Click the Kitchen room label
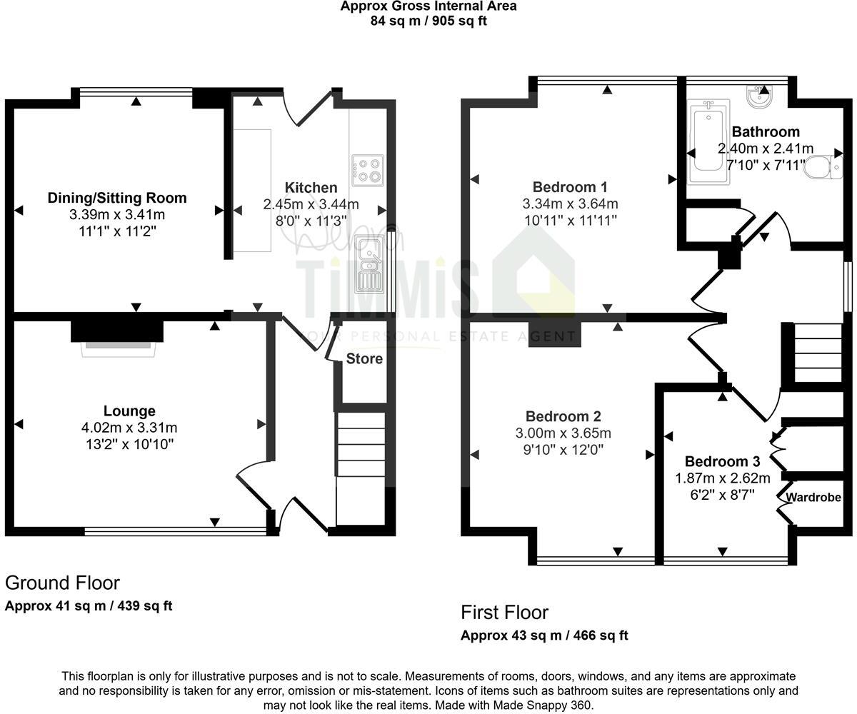[311, 188]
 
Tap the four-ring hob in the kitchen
[367, 170]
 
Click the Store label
[364, 358]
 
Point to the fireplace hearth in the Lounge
[118, 348]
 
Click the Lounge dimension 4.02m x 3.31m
[129, 428]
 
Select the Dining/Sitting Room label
[117, 198]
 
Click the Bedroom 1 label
[570, 188]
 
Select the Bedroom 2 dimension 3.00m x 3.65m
[563, 433]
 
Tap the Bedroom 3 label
[722, 461]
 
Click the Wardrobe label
[813, 498]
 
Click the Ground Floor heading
[62, 583]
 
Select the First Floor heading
[504, 613]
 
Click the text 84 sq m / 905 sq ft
[428, 20]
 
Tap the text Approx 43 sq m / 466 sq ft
[544, 635]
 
